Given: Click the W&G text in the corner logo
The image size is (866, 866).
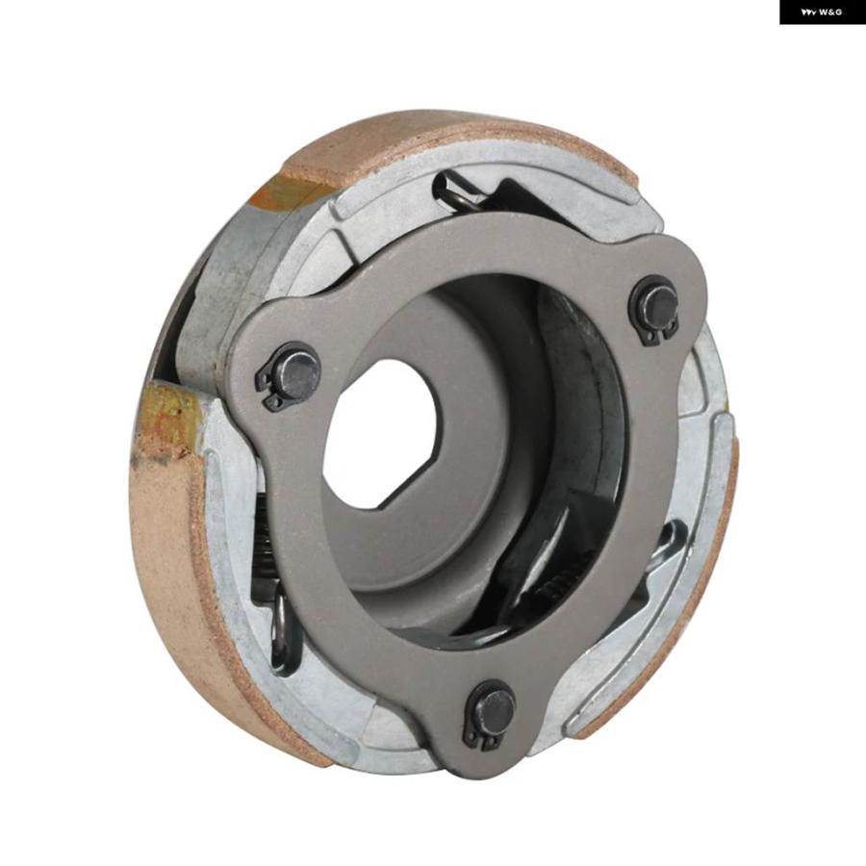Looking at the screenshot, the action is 830,13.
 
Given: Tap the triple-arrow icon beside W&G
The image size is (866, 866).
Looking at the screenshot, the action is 808,13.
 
